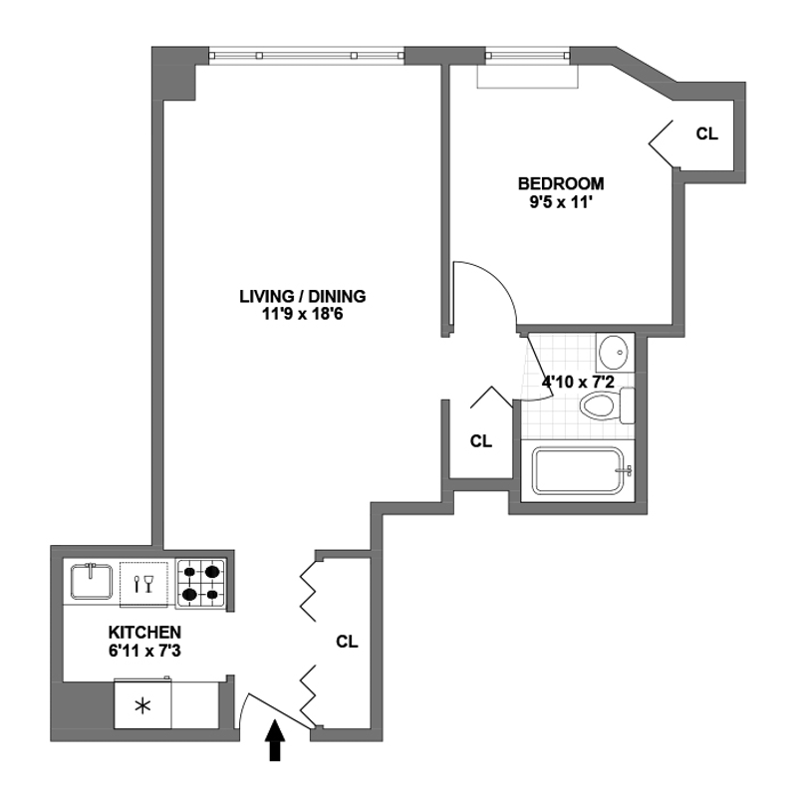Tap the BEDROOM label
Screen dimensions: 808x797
pyautogui.click(x=561, y=183)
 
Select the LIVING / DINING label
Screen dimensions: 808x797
pyautogui.click(x=303, y=296)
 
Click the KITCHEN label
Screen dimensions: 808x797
pyautogui.click(x=144, y=632)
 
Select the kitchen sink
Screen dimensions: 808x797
pyautogui.click(x=93, y=582)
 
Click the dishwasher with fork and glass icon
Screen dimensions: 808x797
pyautogui.click(x=145, y=583)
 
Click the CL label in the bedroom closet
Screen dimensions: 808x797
pyautogui.click(x=706, y=133)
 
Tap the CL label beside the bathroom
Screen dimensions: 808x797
pyautogui.click(x=481, y=439)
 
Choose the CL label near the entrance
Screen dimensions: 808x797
pyautogui.click(x=347, y=642)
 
